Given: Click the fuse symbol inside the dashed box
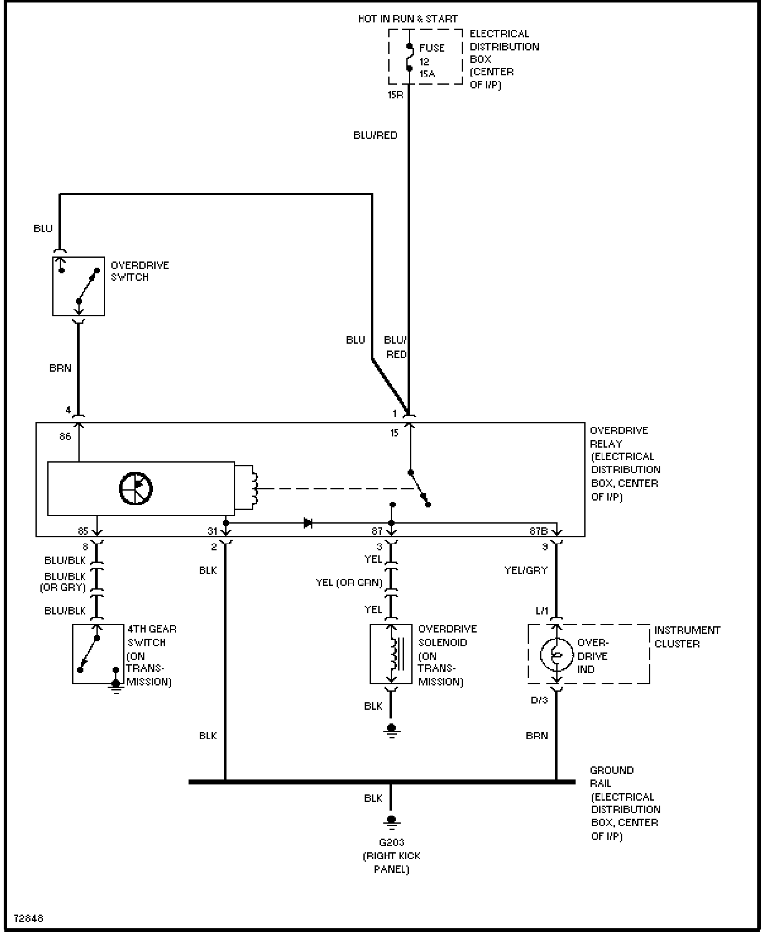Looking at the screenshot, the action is click(x=409, y=57).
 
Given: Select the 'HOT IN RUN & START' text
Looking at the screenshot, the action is click(x=408, y=19).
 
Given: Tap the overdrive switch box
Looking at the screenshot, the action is click(x=78, y=286).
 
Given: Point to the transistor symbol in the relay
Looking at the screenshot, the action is click(x=136, y=489).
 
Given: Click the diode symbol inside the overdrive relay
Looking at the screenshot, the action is click(x=308, y=523).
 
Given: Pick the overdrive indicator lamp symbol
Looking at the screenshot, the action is click(x=556, y=654).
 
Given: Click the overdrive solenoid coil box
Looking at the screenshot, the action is click(x=391, y=654).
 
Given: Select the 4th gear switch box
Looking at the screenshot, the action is click(x=98, y=654).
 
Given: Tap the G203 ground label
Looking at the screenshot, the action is click(x=391, y=842).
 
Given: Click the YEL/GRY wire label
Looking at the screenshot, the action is click(x=526, y=570).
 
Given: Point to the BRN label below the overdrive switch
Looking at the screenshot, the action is click(x=60, y=368).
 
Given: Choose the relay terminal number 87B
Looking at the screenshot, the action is click(x=538, y=531).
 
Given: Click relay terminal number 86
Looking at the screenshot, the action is click(x=65, y=436).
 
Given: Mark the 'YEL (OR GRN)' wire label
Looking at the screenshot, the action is click(x=349, y=583).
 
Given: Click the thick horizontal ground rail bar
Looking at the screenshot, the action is click(x=381, y=782).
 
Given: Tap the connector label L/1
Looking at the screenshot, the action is click(x=541, y=611).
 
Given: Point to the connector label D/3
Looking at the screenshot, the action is click(x=539, y=700).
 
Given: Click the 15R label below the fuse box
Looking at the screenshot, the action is click(x=395, y=95).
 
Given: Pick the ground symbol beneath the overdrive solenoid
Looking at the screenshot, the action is click(x=391, y=730).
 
